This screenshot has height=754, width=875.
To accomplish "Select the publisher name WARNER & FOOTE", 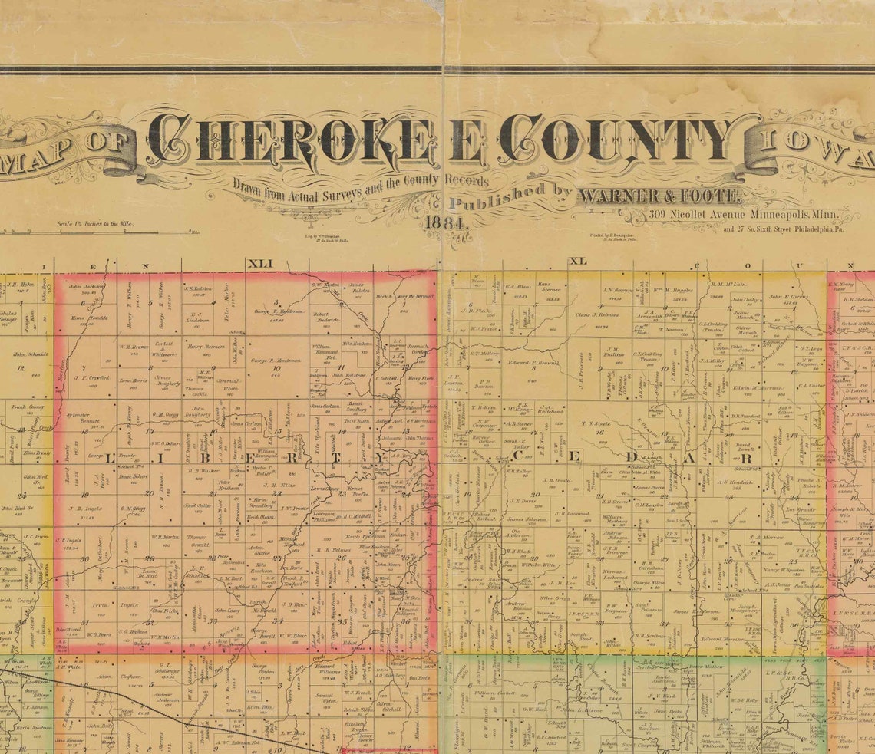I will pyautogui.click(x=659, y=196).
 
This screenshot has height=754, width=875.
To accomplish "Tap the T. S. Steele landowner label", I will pyautogui.click(x=596, y=423).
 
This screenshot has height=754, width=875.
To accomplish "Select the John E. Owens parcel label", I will pyautogui.click(x=789, y=296).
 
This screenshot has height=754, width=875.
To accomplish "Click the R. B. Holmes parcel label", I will pyautogui.click(x=334, y=549).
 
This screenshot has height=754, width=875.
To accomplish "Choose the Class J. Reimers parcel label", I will pyautogui.click(x=596, y=314).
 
